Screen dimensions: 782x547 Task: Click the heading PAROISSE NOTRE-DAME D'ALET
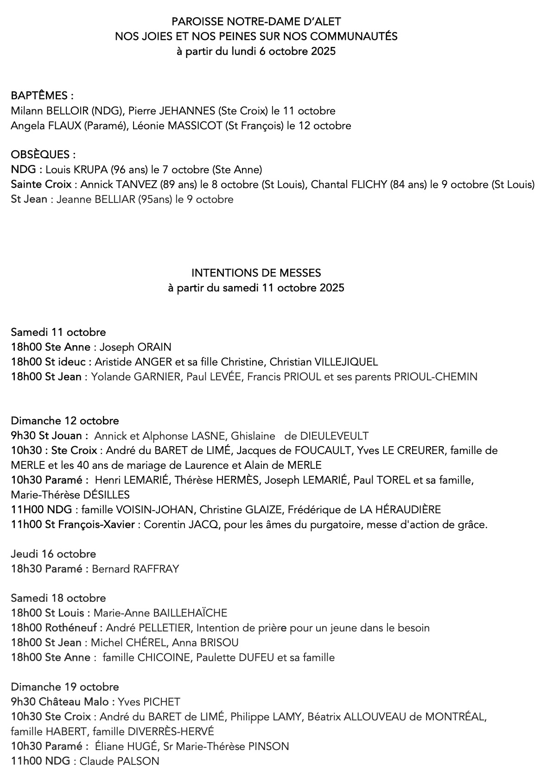(256, 22)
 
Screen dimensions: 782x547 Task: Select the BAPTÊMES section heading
(42, 96)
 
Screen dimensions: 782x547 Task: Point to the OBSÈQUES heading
(43, 155)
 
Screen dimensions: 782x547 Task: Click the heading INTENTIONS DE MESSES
(256, 273)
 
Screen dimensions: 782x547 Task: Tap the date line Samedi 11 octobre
(58, 332)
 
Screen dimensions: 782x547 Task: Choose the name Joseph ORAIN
(135, 347)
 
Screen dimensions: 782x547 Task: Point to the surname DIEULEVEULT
(334, 435)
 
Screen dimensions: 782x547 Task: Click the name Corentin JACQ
(174, 524)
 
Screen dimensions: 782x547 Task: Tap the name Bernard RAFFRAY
(135, 569)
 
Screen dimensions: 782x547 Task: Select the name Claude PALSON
(119, 761)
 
